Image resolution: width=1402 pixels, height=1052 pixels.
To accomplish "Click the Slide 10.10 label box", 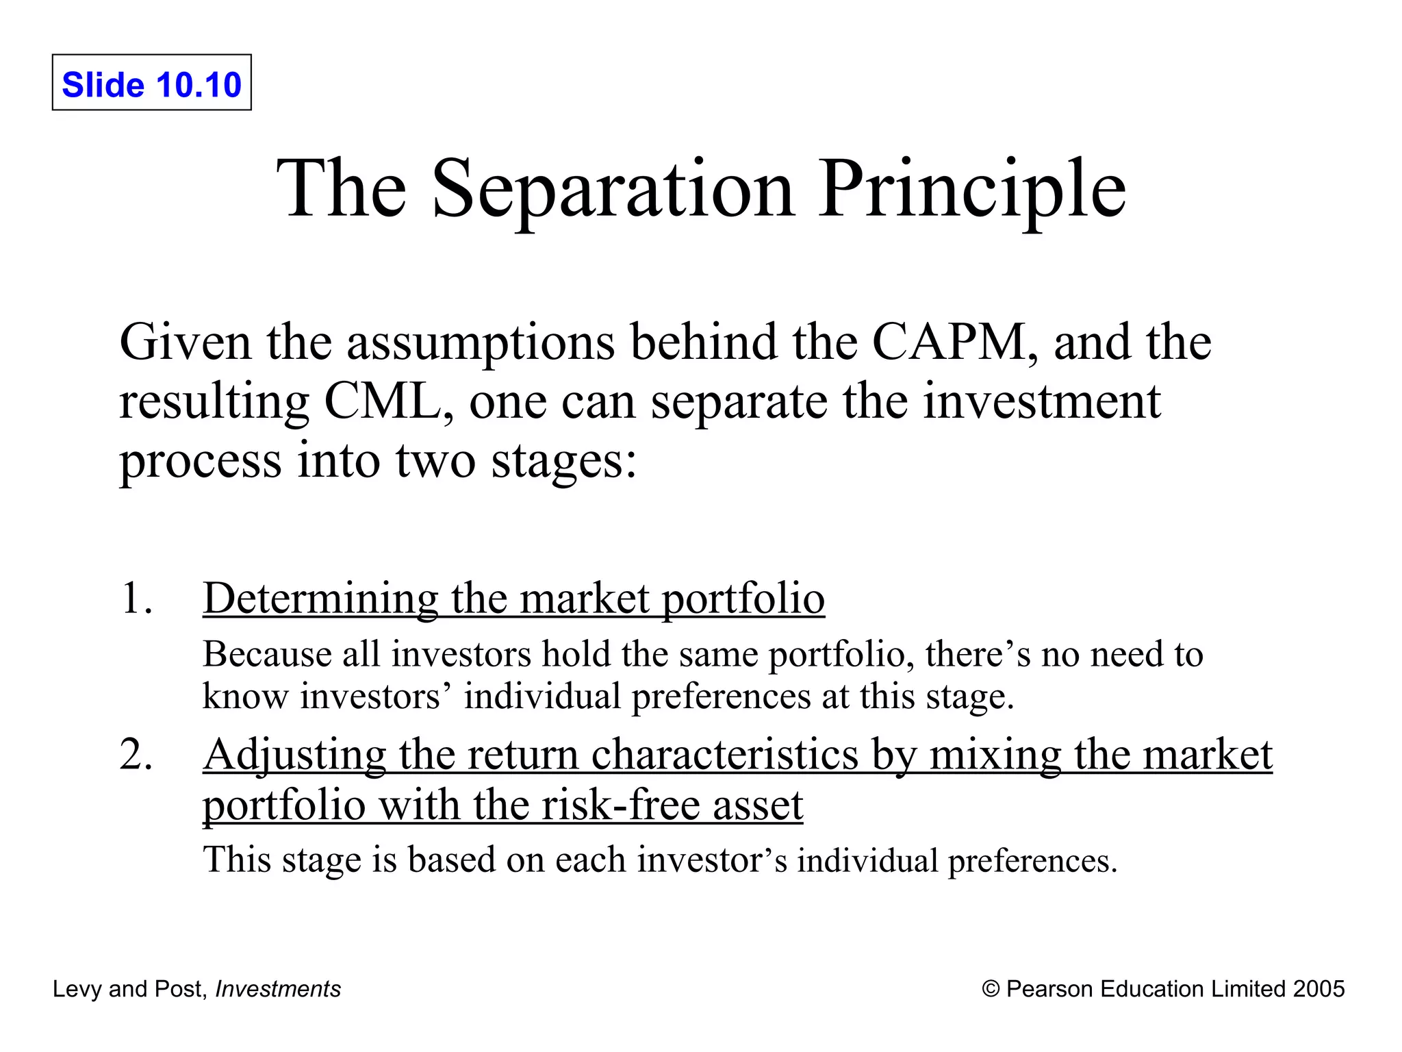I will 151,83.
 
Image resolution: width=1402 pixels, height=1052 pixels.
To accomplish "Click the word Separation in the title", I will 613,188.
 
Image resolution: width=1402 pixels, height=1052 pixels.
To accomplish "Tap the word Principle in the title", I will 971,188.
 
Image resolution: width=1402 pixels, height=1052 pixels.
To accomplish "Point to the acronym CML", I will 388,401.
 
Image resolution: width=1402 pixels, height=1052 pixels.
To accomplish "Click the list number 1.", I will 136,598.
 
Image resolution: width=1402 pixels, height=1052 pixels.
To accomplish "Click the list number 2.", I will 136,754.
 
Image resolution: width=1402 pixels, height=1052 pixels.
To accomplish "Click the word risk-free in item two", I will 620,805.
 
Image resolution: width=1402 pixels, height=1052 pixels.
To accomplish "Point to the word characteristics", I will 724,755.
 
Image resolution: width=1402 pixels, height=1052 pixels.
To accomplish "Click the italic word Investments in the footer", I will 278,989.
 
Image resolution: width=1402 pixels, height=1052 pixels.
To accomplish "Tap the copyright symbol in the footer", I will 991,989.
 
